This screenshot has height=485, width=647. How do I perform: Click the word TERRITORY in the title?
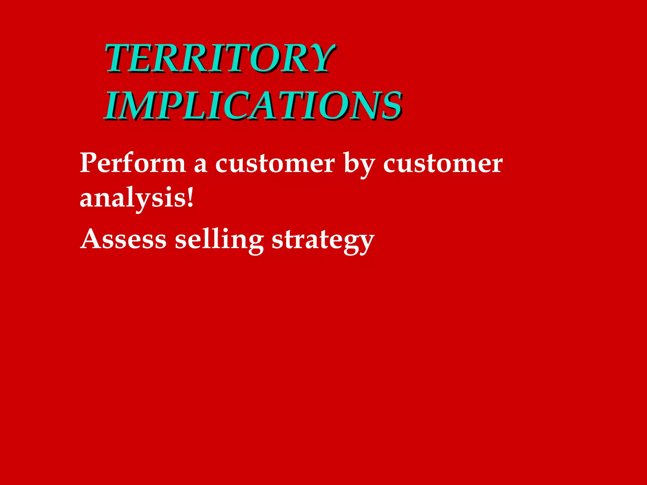pyautogui.click(x=219, y=58)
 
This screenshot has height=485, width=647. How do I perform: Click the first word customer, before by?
pyautogui.click(x=275, y=164)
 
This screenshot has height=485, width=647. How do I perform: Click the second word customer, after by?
pyautogui.click(x=442, y=164)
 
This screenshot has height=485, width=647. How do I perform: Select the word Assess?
pyautogui.click(x=123, y=239)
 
